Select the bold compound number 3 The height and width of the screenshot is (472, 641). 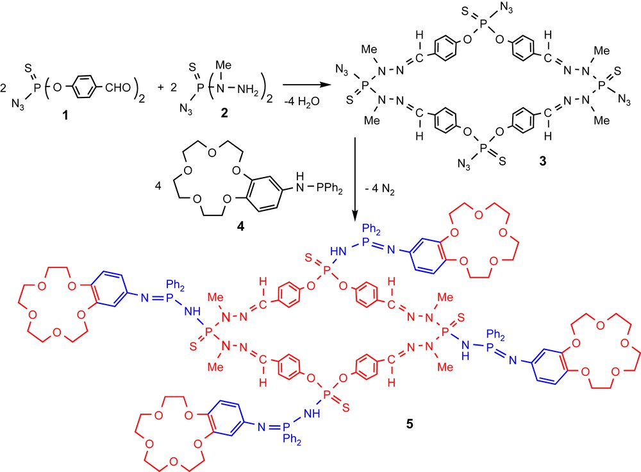[543, 163]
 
